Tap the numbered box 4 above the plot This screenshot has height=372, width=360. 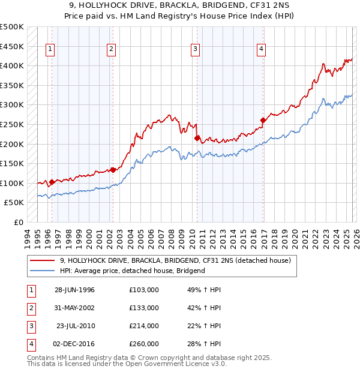click(262, 50)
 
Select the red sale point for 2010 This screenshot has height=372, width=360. click(197, 138)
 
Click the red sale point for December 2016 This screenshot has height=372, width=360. click(262, 120)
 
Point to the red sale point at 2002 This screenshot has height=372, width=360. click(113, 170)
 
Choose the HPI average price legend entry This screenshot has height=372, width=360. click(132, 271)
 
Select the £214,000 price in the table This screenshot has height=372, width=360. click(143, 326)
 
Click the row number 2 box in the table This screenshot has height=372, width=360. click(30, 308)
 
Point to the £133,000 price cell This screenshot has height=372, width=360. click(143, 308)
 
